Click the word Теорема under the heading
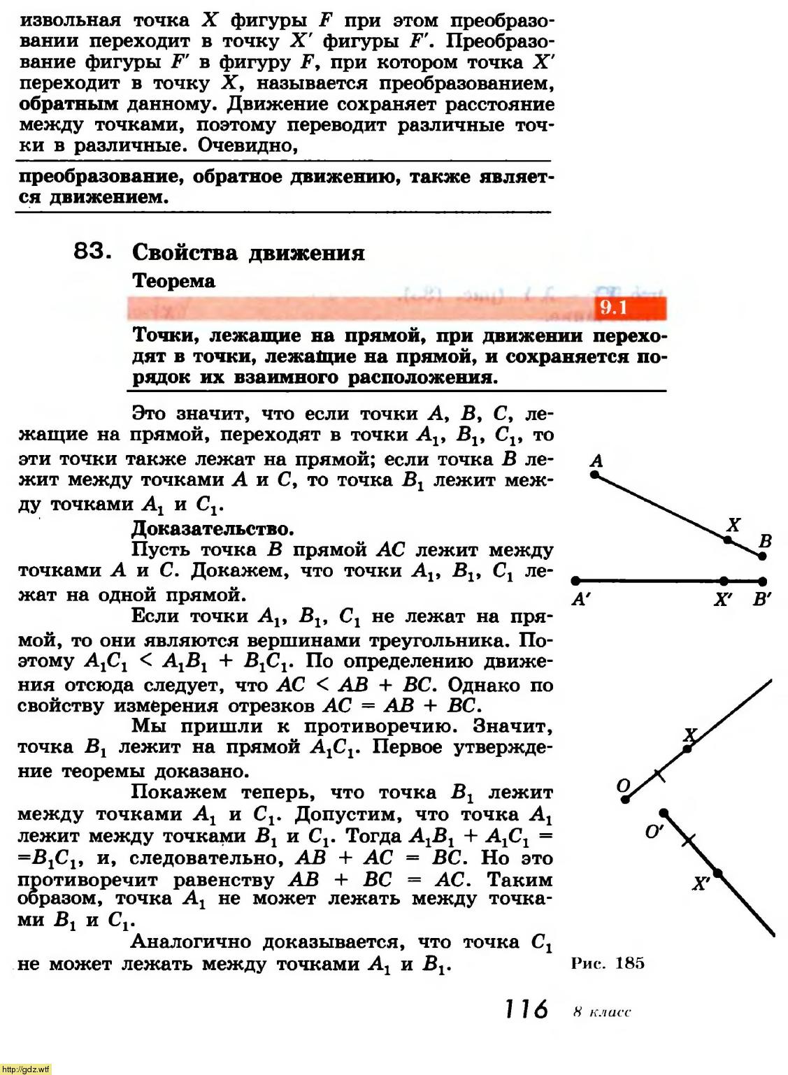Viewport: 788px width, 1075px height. [173, 281]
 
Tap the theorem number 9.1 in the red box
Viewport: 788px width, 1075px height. [613, 308]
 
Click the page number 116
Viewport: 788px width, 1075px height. [526, 1009]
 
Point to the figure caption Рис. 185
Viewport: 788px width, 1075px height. [607, 963]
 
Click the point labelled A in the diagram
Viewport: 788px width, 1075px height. [594, 474]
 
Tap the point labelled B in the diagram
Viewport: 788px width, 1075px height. [762, 556]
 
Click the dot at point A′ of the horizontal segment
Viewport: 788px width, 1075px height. [575, 580]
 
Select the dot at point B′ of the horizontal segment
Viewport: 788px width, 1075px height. [763, 581]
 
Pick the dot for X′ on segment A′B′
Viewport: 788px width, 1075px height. [724, 581]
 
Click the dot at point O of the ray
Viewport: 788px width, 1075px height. [626, 798]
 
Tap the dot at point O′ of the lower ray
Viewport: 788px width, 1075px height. [664, 813]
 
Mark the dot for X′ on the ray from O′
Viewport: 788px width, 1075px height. [718, 873]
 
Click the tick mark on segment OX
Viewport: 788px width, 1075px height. [657, 774]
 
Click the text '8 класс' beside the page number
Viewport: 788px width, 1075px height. [601, 1011]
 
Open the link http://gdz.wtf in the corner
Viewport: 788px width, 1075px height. [26, 1069]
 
